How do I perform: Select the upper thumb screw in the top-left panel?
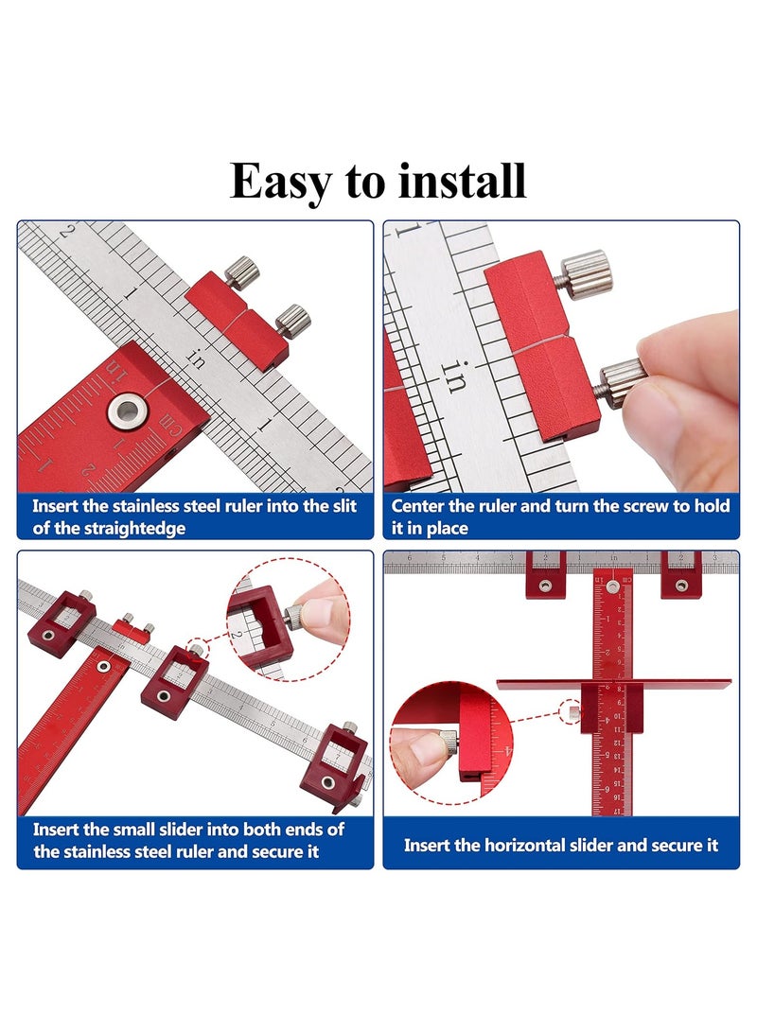(x=241, y=270)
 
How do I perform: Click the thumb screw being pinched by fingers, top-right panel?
(x=623, y=382)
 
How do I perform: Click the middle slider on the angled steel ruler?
(x=175, y=682)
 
